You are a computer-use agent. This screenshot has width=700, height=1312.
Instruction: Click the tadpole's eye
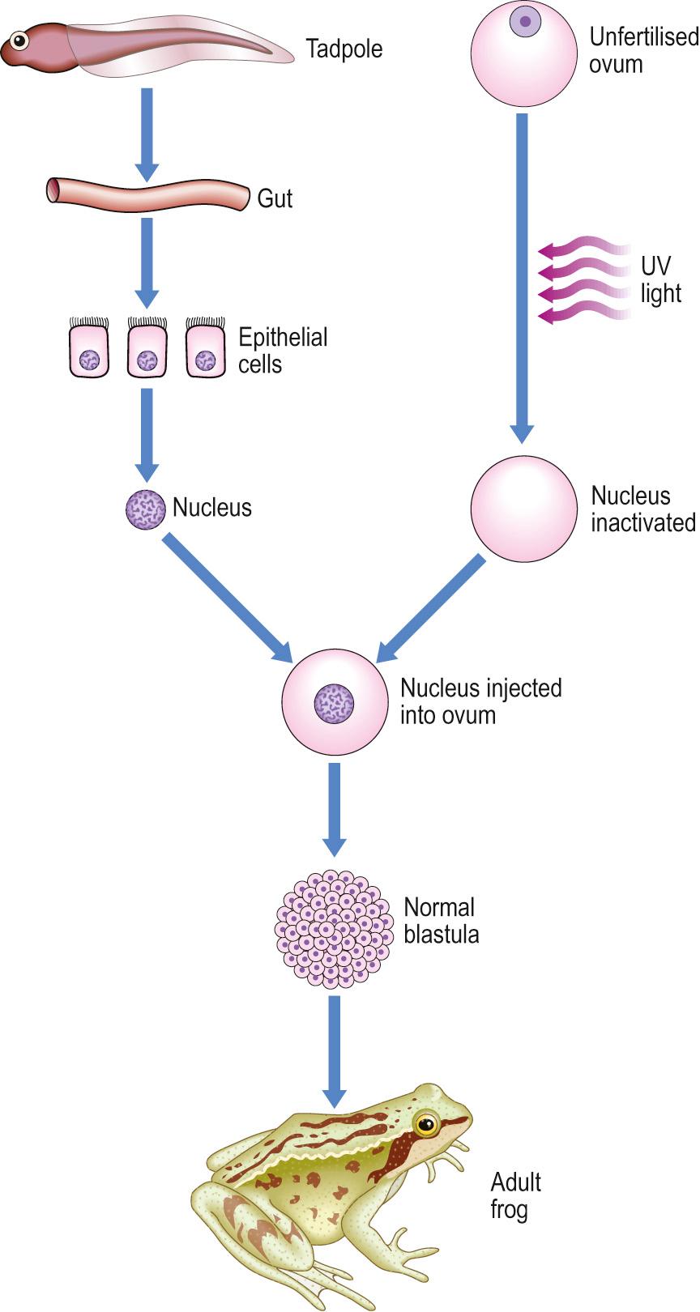(19, 39)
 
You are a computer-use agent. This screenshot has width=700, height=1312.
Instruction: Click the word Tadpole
(344, 49)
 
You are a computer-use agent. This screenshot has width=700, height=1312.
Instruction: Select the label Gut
(275, 198)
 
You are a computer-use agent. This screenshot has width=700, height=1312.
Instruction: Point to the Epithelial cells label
(282, 350)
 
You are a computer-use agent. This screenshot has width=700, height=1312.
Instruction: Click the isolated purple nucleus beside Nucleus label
(145, 509)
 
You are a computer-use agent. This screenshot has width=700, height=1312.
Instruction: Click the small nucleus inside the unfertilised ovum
(525, 21)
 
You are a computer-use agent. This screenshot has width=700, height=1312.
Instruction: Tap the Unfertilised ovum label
(642, 50)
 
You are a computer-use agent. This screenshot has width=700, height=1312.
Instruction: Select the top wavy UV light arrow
(583, 246)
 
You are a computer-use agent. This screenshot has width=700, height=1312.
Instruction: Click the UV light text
(659, 279)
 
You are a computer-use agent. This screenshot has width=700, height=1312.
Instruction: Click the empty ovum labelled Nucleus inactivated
(523, 509)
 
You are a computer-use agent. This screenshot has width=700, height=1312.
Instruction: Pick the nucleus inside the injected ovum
(335, 702)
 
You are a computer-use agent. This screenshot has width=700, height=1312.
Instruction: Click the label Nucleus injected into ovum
(480, 701)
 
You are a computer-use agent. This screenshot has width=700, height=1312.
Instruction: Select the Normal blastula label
(441, 921)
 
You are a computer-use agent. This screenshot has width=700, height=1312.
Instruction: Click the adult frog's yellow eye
(426, 1123)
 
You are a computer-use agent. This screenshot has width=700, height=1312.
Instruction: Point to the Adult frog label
(515, 1195)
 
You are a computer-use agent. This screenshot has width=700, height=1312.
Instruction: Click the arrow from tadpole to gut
(147, 134)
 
